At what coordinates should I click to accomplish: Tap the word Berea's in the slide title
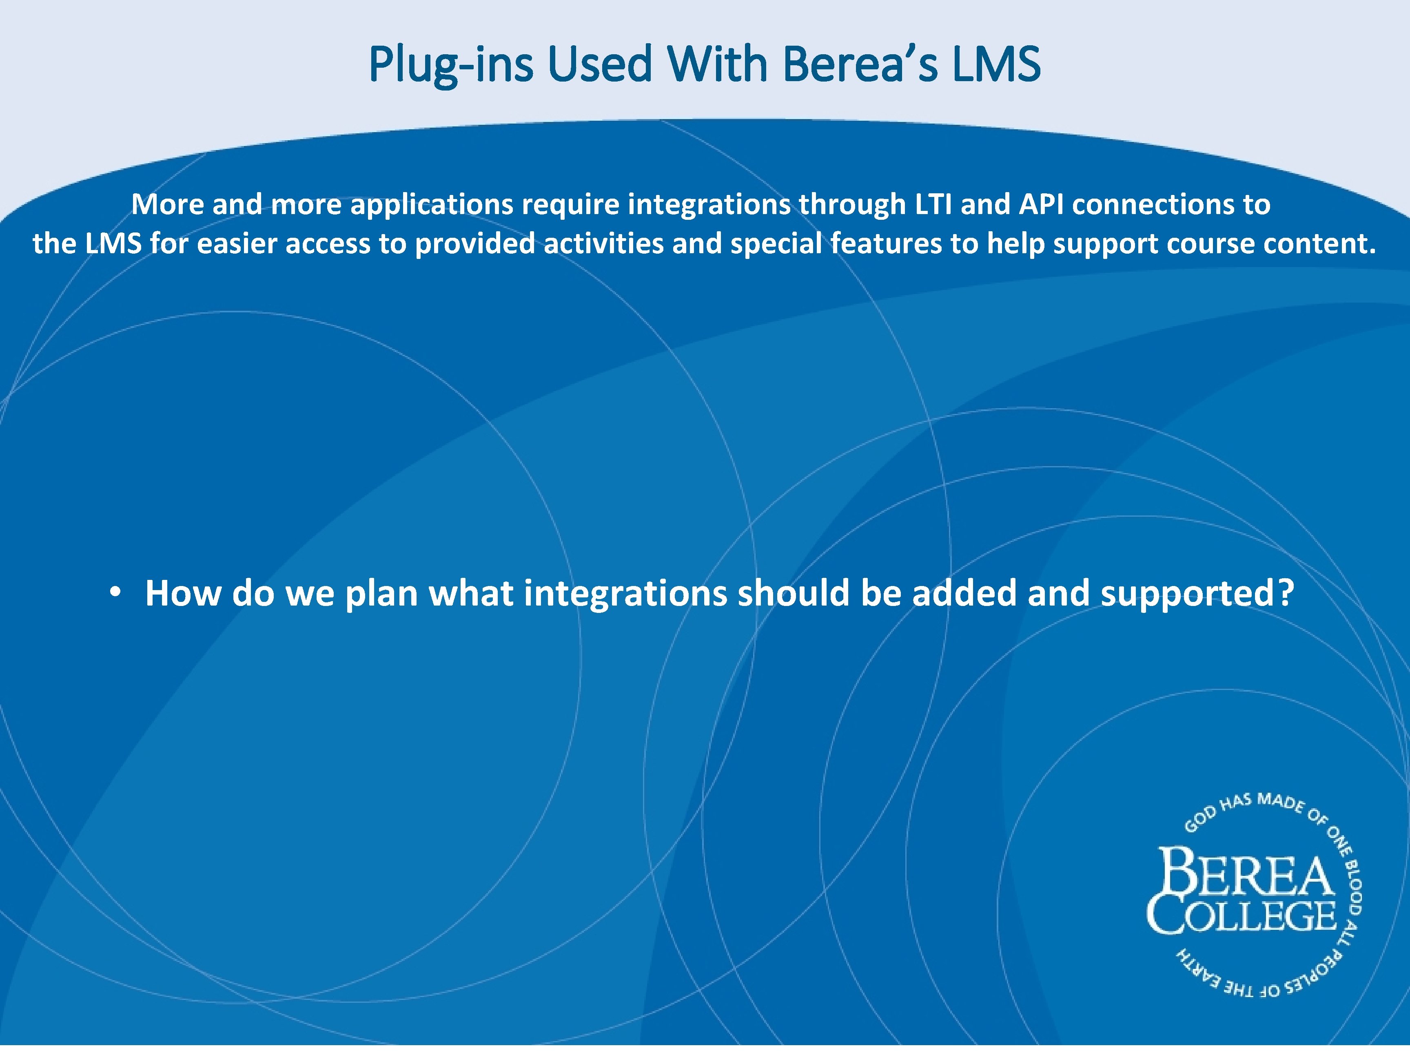pos(860,65)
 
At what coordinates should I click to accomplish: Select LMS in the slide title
pos(997,65)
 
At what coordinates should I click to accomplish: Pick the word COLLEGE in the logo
pos(1242,916)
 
